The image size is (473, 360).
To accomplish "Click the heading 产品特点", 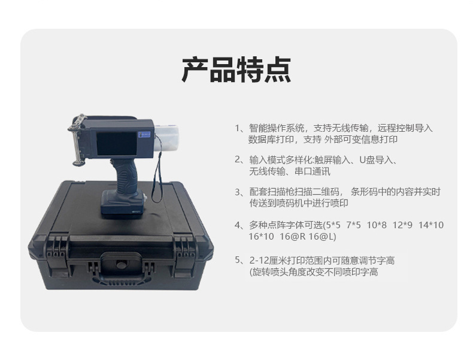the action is [236, 69].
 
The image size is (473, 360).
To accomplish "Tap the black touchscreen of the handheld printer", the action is [116, 143].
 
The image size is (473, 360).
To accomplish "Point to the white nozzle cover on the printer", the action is [166, 139].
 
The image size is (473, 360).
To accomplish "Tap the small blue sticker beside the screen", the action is [144, 135].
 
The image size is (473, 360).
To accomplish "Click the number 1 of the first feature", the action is [237, 128].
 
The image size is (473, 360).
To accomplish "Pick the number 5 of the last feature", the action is [238, 260].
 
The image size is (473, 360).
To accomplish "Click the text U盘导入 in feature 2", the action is [377, 160].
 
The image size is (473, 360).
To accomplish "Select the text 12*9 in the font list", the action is [402, 225].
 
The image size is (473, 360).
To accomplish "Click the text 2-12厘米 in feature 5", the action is [266, 260].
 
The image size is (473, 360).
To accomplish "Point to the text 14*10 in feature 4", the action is [430, 225].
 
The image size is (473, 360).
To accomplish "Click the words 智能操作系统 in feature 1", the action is [277, 128].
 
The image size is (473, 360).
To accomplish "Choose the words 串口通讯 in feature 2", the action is [312, 171].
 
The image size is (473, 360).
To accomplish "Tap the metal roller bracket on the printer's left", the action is [77, 140].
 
